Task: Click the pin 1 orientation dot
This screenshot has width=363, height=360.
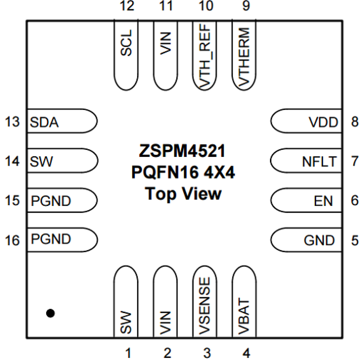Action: pos(51,313)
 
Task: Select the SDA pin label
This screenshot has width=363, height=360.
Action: pos(44,122)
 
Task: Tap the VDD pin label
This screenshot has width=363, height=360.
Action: pos(323,122)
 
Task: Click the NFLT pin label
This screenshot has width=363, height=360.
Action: pos(319,161)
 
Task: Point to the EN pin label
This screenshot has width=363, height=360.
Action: pos(323,201)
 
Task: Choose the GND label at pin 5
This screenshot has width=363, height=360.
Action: pos(319,240)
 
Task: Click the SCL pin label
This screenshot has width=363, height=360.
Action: pos(126,43)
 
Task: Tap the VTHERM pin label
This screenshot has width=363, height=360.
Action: pos(244,57)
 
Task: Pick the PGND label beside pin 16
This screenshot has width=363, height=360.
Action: pos(51,239)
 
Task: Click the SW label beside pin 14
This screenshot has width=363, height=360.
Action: pos(41,161)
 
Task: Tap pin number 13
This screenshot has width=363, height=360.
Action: pos(12,122)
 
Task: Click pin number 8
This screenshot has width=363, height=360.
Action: pos(355,122)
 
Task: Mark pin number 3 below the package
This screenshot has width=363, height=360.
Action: pos(207,353)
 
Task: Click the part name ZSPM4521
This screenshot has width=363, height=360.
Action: pos(182,151)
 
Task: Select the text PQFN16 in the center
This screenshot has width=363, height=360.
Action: pos(165,172)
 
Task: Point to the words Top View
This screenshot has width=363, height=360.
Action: pos(183,194)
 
